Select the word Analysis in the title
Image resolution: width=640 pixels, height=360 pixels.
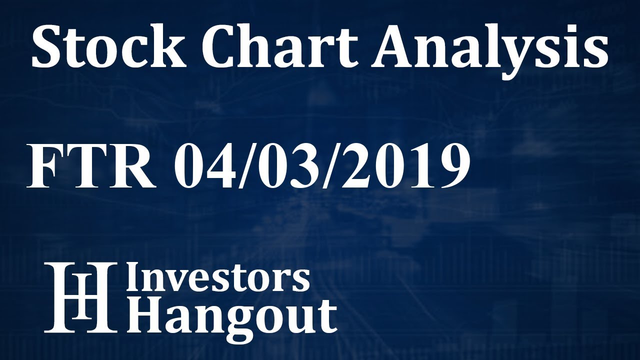tap(489, 49)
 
